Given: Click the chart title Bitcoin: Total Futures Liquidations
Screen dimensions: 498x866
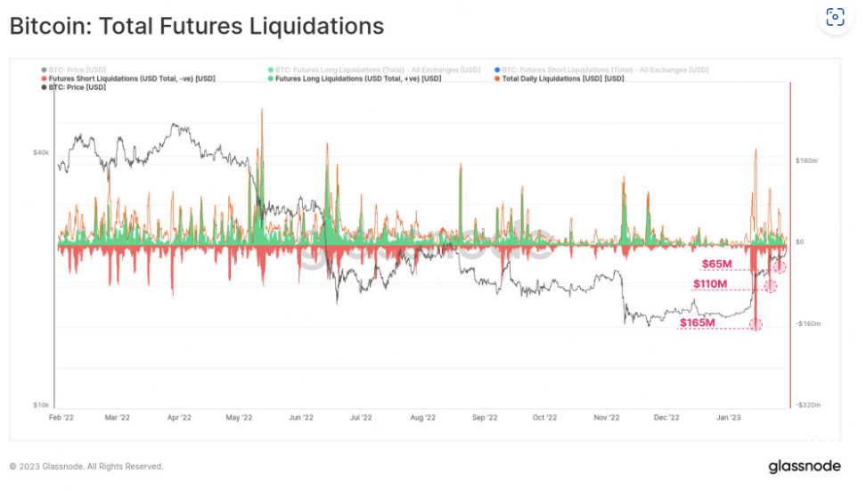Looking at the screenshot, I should [x=196, y=26].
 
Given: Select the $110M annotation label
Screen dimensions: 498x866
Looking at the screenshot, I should [x=710, y=284].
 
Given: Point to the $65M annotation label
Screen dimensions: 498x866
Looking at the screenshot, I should [x=717, y=264].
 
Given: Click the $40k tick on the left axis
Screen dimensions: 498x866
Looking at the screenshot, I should [x=41, y=152].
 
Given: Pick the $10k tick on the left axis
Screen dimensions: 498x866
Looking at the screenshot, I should [x=41, y=404].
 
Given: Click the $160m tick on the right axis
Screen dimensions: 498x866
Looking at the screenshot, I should [x=805, y=161].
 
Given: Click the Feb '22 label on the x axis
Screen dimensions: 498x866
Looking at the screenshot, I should [x=61, y=416].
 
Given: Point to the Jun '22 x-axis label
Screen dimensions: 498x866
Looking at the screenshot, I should [x=301, y=416].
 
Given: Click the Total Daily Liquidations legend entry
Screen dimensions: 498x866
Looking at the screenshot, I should [x=562, y=78].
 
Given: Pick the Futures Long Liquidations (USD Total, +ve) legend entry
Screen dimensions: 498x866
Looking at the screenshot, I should [x=358, y=78].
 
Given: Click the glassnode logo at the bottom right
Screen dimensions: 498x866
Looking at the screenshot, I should [x=803, y=467].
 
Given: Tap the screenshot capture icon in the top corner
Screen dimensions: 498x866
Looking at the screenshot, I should [x=835, y=17].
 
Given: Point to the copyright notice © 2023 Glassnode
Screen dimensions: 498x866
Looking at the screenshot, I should [x=86, y=466].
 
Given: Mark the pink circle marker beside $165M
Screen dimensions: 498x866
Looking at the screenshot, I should [x=756, y=324].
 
